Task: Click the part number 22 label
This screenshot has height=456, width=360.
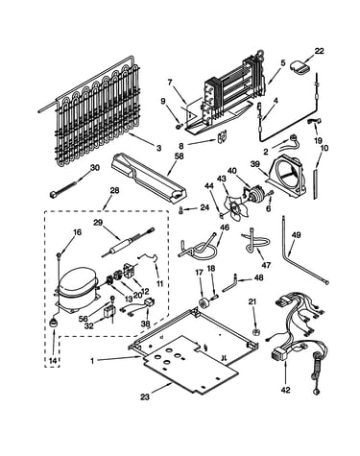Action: tap(319, 51)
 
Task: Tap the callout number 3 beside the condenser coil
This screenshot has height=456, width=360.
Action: tap(159, 148)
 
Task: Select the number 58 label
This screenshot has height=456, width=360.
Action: tap(180, 156)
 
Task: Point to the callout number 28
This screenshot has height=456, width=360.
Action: tap(114, 191)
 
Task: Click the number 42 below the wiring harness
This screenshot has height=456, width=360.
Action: tap(286, 390)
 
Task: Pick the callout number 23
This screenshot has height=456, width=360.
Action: tap(145, 397)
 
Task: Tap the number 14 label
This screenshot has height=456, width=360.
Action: tap(53, 361)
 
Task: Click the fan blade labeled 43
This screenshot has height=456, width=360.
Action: tap(234, 211)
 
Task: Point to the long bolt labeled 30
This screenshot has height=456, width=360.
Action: tap(63, 189)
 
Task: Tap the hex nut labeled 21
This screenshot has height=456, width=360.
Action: tap(255, 331)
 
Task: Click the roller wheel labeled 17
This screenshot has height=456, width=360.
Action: tap(203, 302)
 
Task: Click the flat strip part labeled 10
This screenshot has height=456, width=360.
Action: tap(316, 184)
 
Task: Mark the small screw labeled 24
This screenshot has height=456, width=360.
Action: tap(180, 211)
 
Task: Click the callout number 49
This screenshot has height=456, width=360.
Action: tap(297, 235)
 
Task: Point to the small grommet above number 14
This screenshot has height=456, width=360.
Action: tap(54, 323)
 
